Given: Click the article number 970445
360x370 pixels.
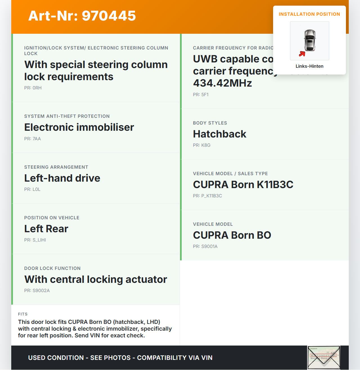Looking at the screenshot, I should tap(82, 16).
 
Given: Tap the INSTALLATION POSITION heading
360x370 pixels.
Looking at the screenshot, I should tap(309, 14).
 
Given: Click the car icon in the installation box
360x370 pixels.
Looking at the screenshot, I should tap(310, 40).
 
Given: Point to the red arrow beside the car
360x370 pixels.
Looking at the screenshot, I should tap(302, 54).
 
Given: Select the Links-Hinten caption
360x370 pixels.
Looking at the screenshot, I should tap(309, 66).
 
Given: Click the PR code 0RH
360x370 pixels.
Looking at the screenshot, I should tap(33, 88).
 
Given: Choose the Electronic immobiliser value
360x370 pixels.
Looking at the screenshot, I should tap(79, 127).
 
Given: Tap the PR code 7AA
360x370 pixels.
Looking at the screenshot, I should tap(33, 139).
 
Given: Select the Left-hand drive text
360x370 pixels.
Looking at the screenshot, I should tap(62, 178).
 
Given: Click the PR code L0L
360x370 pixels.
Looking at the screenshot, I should tap(32, 189).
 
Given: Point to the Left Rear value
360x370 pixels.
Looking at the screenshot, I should tap(46, 229).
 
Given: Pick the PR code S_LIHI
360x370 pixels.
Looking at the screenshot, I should tap(35, 240).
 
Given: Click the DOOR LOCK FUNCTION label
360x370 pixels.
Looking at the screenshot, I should tap(52, 269).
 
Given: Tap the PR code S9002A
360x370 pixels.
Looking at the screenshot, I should tap(37, 291).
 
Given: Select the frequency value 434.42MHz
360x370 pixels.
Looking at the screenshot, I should tap(222, 83).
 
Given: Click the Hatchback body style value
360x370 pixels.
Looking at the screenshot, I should tap(219, 134).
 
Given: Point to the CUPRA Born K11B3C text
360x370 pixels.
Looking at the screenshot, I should tap(243, 185).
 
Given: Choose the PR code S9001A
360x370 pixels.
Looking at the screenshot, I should tap(205, 247).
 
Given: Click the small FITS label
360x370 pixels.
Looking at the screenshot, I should tap(23, 314).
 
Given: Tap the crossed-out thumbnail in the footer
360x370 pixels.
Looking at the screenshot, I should tap(324, 358).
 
